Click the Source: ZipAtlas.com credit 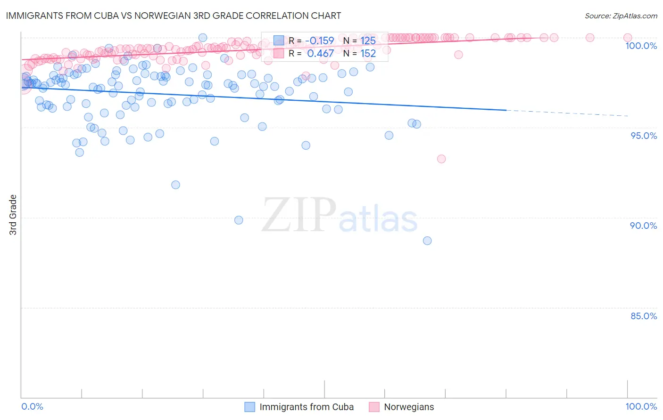(x=621, y=16)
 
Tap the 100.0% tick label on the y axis (x=641, y=46)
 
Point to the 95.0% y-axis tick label (x=644, y=136)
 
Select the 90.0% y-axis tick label (x=644, y=226)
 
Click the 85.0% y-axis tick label (x=644, y=316)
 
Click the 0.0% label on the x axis (x=32, y=406)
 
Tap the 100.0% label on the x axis (x=641, y=406)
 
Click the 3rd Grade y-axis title (x=13, y=215)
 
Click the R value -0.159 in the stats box (x=320, y=41)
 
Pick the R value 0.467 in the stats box (x=320, y=54)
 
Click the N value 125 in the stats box (x=368, y=41)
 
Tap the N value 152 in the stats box (x=368, y=54)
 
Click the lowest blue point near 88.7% (x=427, y=241)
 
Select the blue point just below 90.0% (x=239, y=220)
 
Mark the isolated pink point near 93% (x=441, y=159)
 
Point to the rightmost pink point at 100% (x=628, y=38)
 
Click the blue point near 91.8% (x=175, y=185)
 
